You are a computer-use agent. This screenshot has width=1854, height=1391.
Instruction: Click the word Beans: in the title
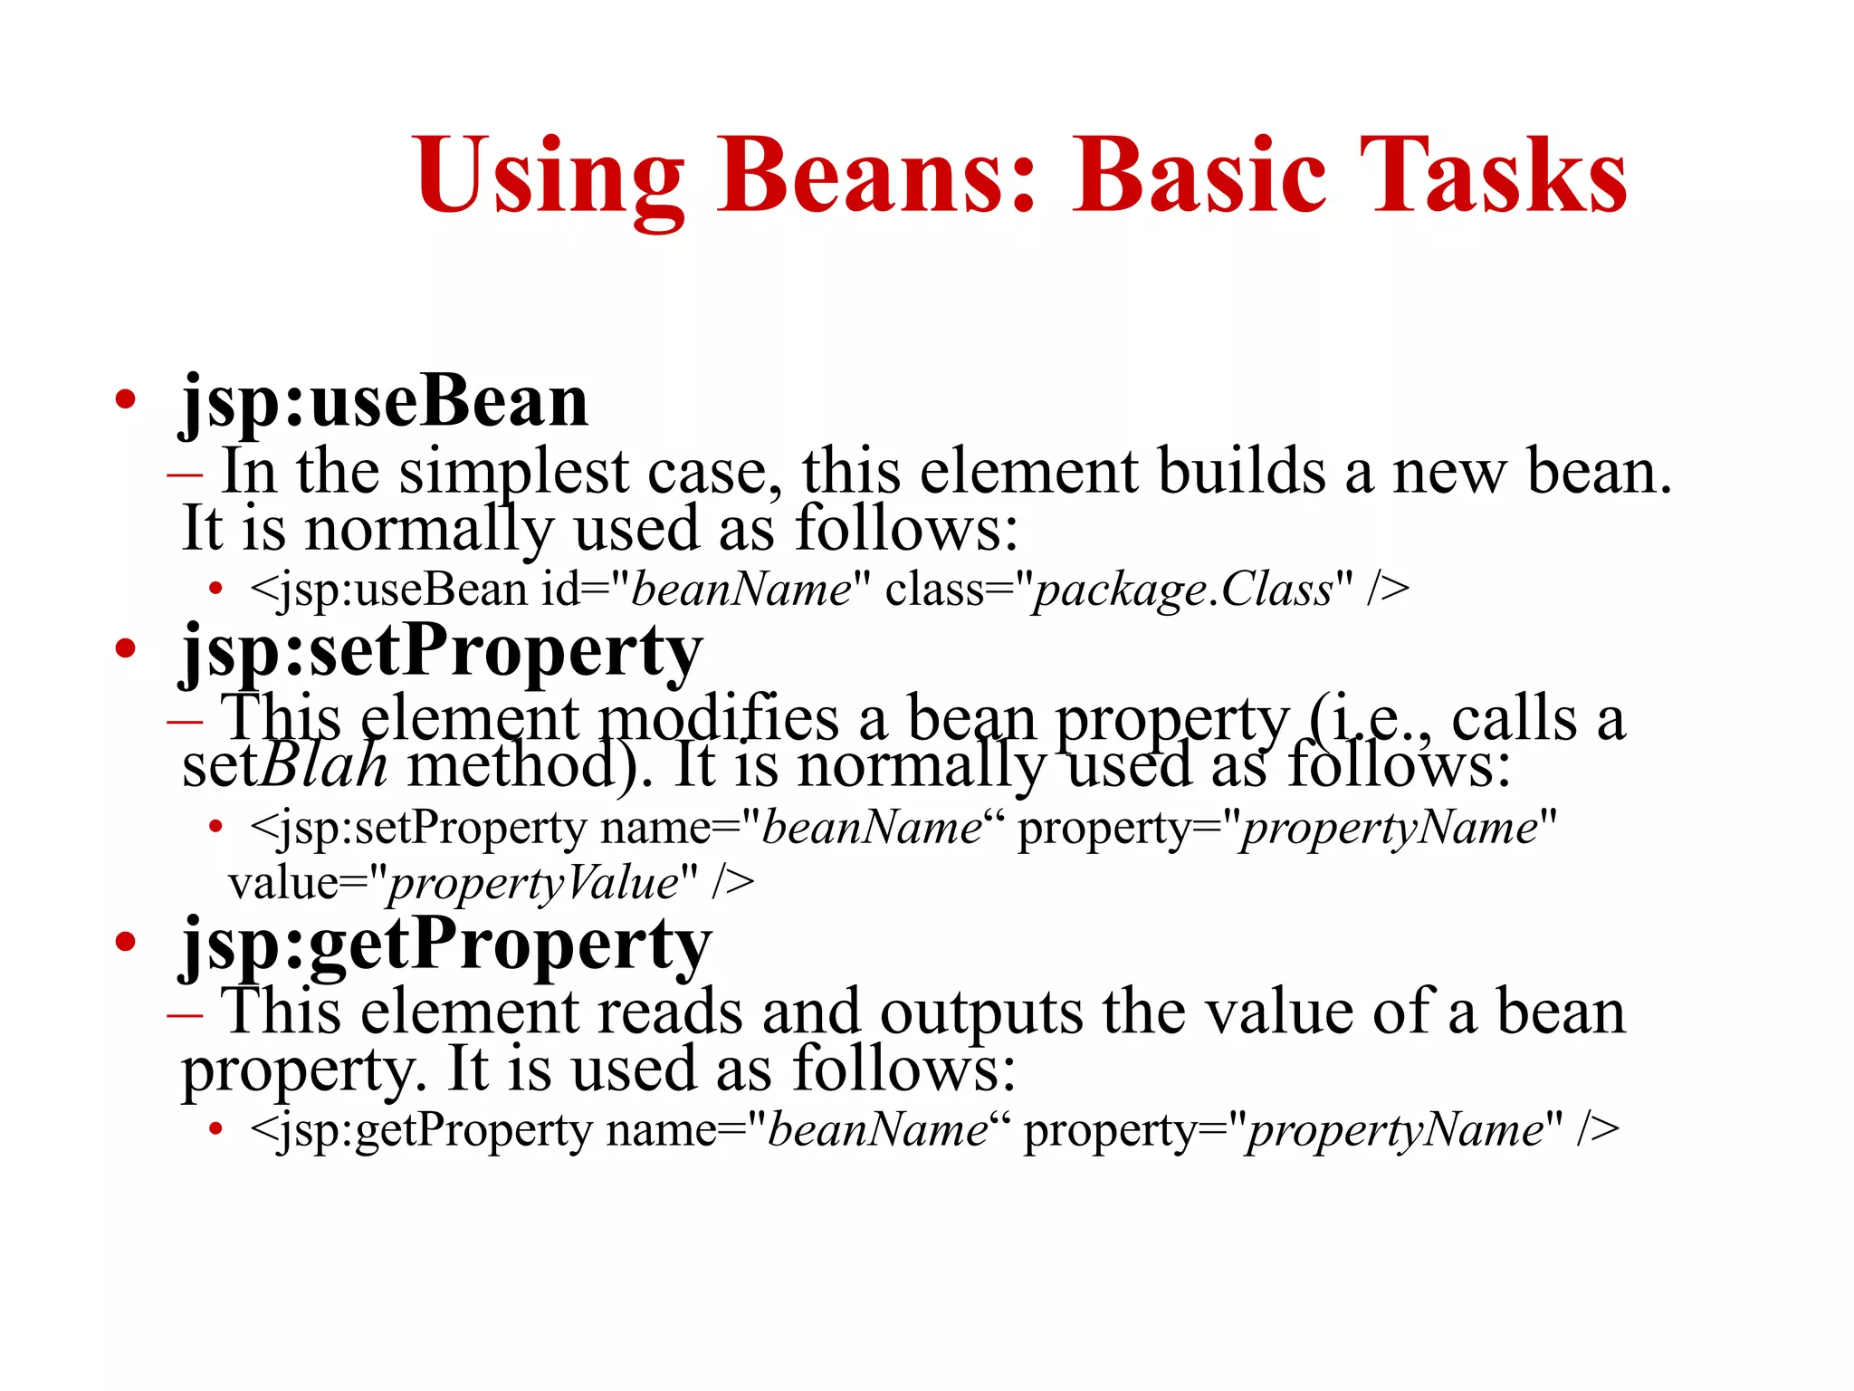click(875, 174)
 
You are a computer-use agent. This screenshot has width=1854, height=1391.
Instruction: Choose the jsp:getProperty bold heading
click(446, 945)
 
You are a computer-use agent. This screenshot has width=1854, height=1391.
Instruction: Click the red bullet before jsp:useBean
click(126, 399)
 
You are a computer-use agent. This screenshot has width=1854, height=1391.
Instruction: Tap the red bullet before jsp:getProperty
click(126, 942)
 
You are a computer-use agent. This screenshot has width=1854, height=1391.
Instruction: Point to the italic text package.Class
click(1183, 590)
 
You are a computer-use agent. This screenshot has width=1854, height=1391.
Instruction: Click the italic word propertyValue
click(533, 883)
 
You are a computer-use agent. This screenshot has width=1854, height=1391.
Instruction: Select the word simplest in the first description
click(514, 473)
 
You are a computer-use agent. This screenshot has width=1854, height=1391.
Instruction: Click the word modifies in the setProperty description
click(720, 719)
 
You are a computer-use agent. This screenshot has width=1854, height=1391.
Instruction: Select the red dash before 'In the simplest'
click(185, 473)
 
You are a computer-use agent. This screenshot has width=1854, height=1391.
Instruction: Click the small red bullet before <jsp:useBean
click(215, 590)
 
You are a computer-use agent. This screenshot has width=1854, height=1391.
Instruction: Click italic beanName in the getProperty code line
click(877, 1130)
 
